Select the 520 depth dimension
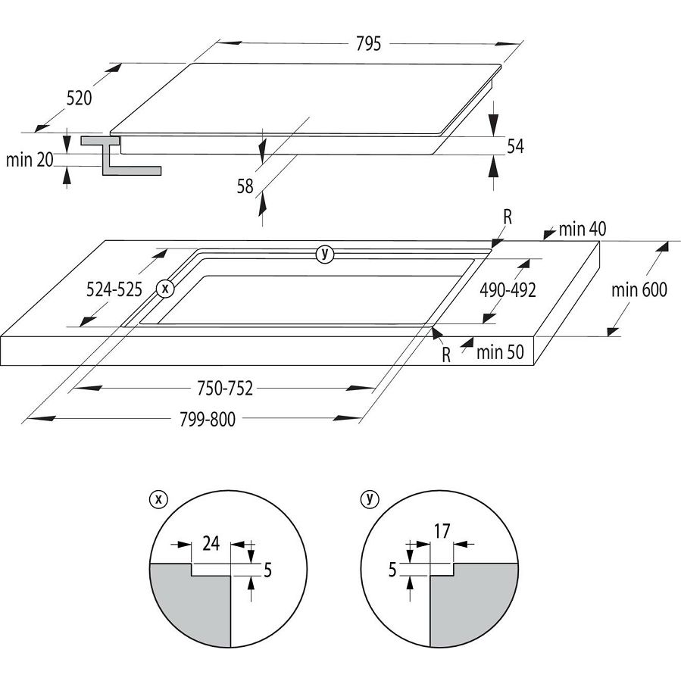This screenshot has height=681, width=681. [x=80, y=98]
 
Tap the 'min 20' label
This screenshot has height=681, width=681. [x=29, y=160]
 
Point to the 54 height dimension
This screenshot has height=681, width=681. [x=516, y=146]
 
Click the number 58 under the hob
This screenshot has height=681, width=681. [x=245, y=186]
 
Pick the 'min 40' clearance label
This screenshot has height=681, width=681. [x=583, y=229]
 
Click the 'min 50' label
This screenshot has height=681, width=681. [x=501, y=351]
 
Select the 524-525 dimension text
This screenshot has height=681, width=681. [x=114, y=289]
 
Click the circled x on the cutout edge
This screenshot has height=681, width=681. [x=165, y=289]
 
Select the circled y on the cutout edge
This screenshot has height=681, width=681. [x=325, y=255]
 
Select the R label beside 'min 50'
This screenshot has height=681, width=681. [x=447, y=355]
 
